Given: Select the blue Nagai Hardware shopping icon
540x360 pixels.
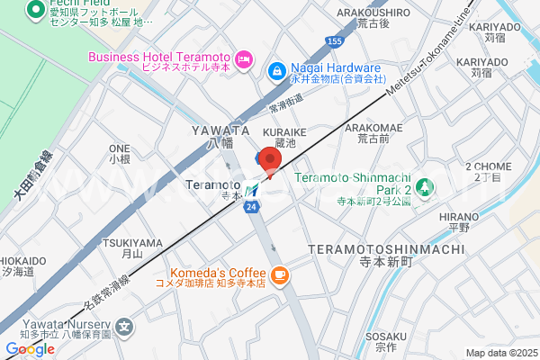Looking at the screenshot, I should point(277,68).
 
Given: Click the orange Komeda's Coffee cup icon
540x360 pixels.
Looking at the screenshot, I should point(280,274).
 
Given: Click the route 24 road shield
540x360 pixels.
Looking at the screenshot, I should point(251,207).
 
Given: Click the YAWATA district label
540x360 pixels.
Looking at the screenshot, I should point(213,130).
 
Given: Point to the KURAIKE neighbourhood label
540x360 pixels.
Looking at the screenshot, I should point(284,131).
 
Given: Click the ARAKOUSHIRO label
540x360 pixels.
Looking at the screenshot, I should point(373,13).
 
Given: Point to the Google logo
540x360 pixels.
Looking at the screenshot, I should point(30,349).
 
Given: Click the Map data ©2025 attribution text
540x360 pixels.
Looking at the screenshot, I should point(500,353).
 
